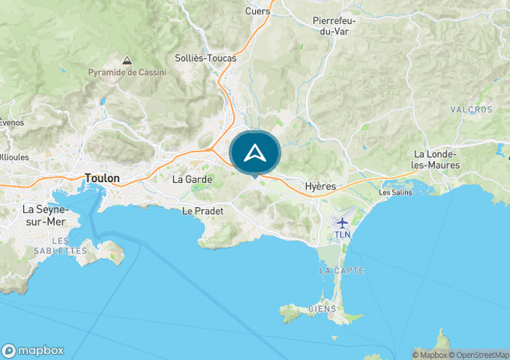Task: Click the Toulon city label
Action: (102, 178)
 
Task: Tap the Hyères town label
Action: (321, 187)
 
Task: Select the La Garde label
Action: (192, 179)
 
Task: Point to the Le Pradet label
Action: (202, 211)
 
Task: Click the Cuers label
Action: (258, 11)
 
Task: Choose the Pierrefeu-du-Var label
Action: (333, 26)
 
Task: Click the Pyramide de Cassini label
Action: (127, 72)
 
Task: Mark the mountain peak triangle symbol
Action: (127, 61)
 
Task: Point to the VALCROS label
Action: (471, 109)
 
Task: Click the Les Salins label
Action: (396, 192)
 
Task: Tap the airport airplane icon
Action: (342, 222)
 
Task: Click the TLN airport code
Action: (342, 235)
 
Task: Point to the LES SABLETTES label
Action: (60, 246)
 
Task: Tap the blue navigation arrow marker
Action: (254, 153)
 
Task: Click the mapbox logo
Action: (33, 350)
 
